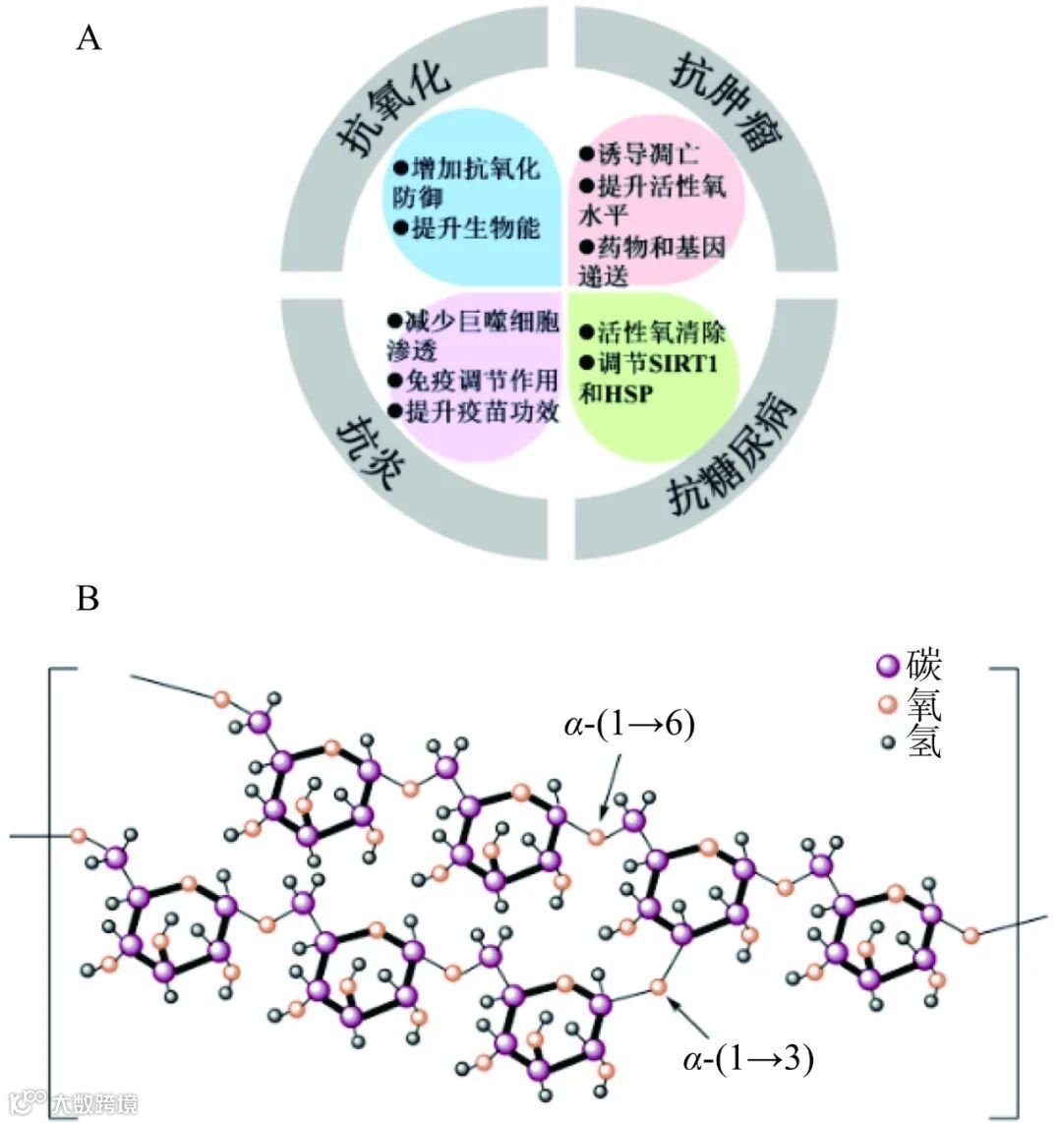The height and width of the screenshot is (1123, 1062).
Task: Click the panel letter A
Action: coord(88,39)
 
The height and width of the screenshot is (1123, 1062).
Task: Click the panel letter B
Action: coord(88,597)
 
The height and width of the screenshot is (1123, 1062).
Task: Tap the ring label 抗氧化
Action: coord(392,108)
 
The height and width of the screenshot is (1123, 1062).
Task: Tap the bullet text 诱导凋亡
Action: coord(648,154)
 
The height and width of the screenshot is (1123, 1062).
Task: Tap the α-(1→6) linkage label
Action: coord(630,726)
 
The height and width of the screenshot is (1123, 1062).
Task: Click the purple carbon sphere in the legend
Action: coord(889,668)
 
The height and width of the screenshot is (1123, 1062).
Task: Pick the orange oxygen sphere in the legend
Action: coord(889,706)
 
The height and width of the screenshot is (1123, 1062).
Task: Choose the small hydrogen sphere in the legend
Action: coord(889,743)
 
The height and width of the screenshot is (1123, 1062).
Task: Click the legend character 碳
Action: coord(924,666)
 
